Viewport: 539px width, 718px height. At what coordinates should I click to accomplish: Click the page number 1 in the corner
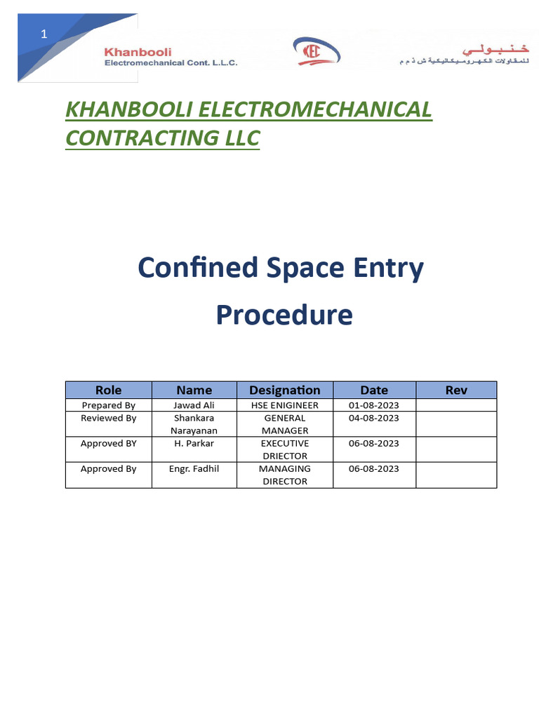pos(44,33)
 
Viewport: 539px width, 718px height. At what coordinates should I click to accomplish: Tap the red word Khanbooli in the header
pos(138,52)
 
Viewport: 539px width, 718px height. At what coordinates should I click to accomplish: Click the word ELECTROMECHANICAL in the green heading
pos(315,110)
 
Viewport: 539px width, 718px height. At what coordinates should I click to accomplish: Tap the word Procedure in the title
pos(284,315)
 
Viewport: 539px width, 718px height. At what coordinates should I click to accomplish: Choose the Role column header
pos(108,391)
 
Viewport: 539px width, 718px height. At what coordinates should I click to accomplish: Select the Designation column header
pos(284,391)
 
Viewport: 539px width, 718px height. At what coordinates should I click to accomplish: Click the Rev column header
pos(456,391)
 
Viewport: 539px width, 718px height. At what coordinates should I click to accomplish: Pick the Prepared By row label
pos(108,405)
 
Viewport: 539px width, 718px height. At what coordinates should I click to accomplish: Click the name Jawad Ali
pos(194,405)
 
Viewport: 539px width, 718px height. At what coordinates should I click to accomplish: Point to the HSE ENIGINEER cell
pos(284,405)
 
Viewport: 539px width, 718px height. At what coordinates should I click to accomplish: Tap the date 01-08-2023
pos(373,405)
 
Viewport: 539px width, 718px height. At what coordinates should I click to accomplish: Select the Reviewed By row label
pos(108,418)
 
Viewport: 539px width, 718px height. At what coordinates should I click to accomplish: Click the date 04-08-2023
pos(373,418)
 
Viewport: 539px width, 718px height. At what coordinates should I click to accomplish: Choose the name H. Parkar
pos(194,444)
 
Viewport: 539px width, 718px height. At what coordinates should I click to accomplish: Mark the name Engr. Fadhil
pos(194,469)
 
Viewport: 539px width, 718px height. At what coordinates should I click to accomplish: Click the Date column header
pos(374,391)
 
